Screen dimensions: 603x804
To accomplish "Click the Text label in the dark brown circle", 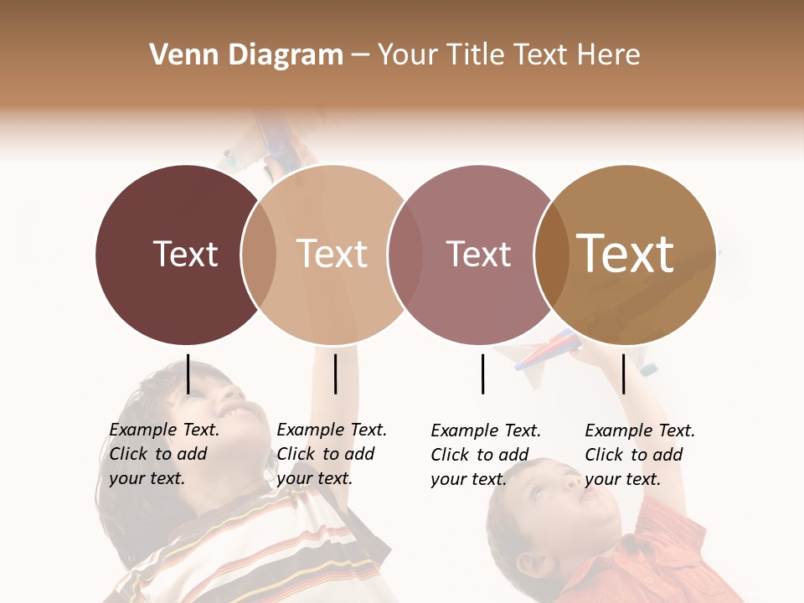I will click(185, 254).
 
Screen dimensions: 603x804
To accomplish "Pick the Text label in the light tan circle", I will click(332, 254).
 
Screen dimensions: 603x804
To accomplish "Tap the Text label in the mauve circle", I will click(478, 254).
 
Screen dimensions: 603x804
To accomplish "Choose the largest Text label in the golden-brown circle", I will click(625, 254).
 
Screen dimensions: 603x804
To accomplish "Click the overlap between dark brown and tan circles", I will click(259, 254).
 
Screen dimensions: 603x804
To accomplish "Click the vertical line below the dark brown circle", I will click(188, 374).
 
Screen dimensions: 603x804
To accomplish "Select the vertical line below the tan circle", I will click(335, 374).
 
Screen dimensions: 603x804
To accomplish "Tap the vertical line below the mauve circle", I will click(482, 374).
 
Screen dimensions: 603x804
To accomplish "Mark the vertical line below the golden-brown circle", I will click(623, 374).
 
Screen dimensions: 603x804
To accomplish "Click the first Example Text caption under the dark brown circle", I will click(164, 454).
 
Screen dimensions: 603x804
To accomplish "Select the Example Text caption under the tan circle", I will click(332, 454).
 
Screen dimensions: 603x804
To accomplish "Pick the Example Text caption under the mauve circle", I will click(486, 455).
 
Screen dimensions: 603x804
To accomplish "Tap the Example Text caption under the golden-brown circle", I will click(640, 455).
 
